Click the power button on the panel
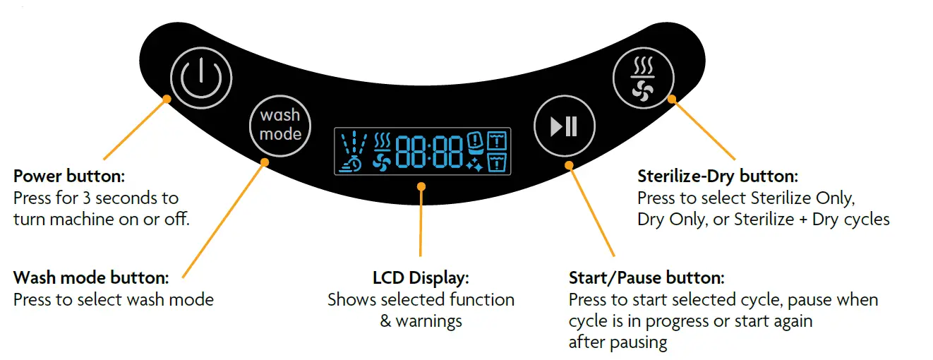pyautogui.click(x=201, y=78)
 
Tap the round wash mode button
pyautogui.click(x=280, y=125)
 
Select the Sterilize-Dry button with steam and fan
pyautogui.click(x=642, y=78)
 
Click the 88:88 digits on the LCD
pyautogui.click(x=429, y=152)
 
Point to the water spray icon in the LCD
pyautogui.click(x=354, y=145)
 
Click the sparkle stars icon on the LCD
pyautogui.click(x=474, y=166)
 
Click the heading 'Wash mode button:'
pyautogui.click(x=90, y=277)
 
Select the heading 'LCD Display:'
pyautogui.click(x=421, y=277)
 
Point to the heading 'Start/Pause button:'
pyautogui.click(x=646, y=277)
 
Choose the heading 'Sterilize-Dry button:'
pyautogui.click(x=717, y=176)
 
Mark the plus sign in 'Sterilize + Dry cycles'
pyautogui.click(x=802, y=220)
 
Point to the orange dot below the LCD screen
pyautogui.click(x=421, y=187)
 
